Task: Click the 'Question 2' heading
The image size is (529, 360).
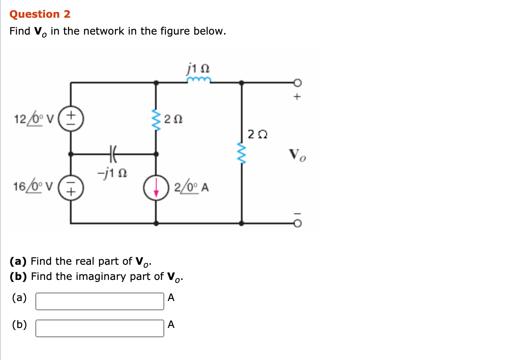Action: pyautogui.click(x=40, y=14)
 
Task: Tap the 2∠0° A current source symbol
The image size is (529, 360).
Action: pyautogui.click(x=157, y=188)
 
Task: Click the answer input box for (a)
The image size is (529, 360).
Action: pyautogui.click(x=100, y=301)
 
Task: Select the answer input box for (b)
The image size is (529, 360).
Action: pyautogui.click(x=100, y=328)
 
